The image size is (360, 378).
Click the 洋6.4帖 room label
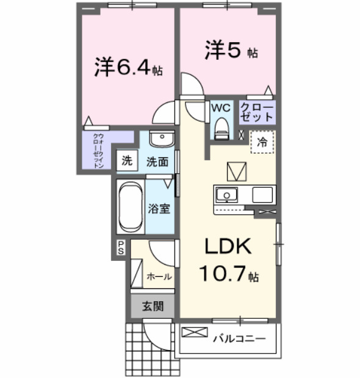(x=128, y=67)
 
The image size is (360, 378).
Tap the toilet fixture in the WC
(x=221, y=127)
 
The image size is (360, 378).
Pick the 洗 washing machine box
(x=126, y=162)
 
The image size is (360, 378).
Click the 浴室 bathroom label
(x=159, y=209)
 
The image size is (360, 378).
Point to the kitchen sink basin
(x=227, y=196)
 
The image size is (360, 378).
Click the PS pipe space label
(x=121, y=247)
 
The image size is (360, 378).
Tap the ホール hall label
(x=159, y=277)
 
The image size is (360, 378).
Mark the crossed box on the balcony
(x=195, y=333)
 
